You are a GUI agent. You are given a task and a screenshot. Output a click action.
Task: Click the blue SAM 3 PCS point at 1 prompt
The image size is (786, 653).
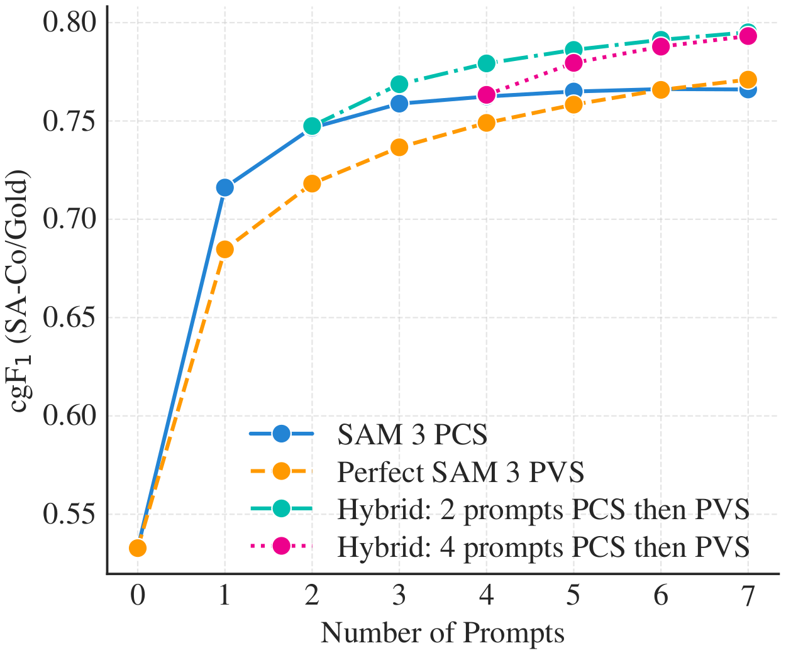[x=224, y=187]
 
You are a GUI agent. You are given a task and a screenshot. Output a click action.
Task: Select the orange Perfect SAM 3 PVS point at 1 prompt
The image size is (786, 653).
[x=224, y=250]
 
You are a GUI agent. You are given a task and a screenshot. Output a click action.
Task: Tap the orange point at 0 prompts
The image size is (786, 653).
[x=138, y=549]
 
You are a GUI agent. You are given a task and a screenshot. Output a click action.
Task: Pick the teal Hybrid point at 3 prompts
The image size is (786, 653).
[x=399, y=84]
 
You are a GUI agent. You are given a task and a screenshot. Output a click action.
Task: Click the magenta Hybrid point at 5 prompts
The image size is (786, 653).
[x=573, y=62]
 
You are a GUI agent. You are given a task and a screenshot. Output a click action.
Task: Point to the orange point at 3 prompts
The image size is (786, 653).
[x=399, y=147]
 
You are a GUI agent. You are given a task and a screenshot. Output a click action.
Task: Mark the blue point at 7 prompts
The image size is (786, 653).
[x=748, y=90]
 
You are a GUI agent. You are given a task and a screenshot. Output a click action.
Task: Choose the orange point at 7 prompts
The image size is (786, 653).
[x=748, y=80]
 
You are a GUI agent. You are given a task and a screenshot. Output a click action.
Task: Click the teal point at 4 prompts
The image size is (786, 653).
[x=486, y=63]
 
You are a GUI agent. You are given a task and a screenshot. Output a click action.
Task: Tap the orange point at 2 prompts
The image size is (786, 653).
[x=312, y=184]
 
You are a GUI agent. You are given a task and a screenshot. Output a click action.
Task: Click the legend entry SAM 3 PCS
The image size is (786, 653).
[x=412, y=435]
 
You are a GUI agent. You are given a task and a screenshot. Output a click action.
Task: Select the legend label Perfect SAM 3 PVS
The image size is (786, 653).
[x=460, y=472]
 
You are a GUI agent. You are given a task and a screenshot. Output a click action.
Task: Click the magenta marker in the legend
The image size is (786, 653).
[x=281, y=546]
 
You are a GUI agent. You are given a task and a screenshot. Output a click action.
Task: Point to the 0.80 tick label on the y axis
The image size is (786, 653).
[x=70, y=23]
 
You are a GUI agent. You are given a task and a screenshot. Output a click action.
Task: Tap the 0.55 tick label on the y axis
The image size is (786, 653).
[x=70, y=515]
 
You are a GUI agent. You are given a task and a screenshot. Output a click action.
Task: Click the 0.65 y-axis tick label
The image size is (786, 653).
[x=70, y=317]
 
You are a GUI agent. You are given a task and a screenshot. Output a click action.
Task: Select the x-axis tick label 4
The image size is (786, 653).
[x=486, y=596]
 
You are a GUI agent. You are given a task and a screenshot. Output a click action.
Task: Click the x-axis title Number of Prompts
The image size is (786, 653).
[x=442, y=634]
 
